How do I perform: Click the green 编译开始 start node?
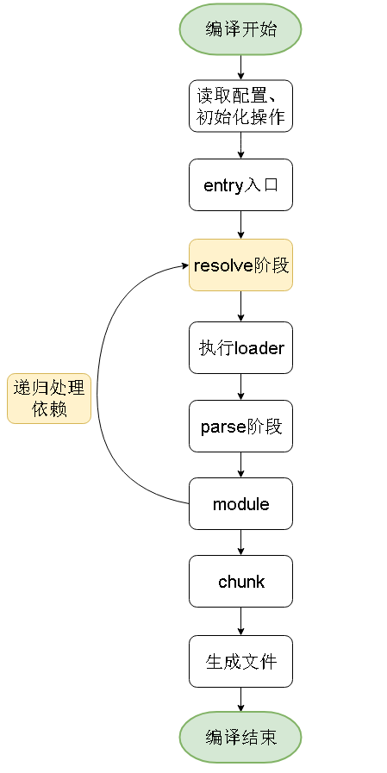click(x=240, y=29)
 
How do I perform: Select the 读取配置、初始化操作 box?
click(x=240, y=106)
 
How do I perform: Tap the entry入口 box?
click(x=240, y=185)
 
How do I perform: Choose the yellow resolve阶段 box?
click(x=240, y=265)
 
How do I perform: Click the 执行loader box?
click(x=240, y=347)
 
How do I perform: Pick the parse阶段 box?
click(x=240, y=426)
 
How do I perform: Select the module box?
click(x=240, y=504)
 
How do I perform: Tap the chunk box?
click(x=240, y=581)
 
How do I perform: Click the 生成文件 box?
click(x=240, y=662)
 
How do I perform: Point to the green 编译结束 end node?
click(x=240, y=738)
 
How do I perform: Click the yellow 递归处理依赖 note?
click(x=49, y=398)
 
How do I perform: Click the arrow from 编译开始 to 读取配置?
click(x=240, y=67)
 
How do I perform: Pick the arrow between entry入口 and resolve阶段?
click(x=240, y=225)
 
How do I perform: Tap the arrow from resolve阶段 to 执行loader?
click(x=240, y=307)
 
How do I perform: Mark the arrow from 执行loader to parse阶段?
click(x=240, y=387)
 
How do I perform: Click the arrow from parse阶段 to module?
click(x=240, y=464)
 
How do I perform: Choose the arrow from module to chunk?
click(x=240, y=543)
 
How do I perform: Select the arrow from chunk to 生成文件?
click(x=240, y=621)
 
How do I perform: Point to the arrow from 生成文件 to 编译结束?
click(x=240, y=700)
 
